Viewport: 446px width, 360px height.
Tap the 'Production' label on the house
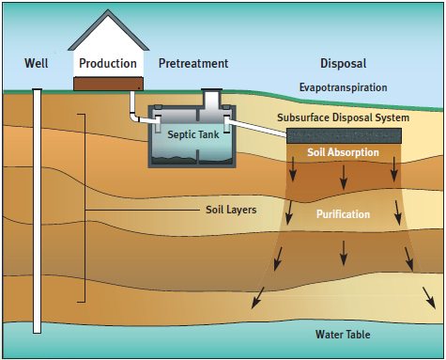(x=108, y=63)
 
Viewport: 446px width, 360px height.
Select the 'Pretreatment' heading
(x=192, y=63)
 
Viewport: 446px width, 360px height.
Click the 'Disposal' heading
(x=343, y=63)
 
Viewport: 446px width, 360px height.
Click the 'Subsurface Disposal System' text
(x=343, y=117)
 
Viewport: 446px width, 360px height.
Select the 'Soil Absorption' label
(x=343, y=152)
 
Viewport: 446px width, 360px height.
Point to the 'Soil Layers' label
(x=230, y=209)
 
